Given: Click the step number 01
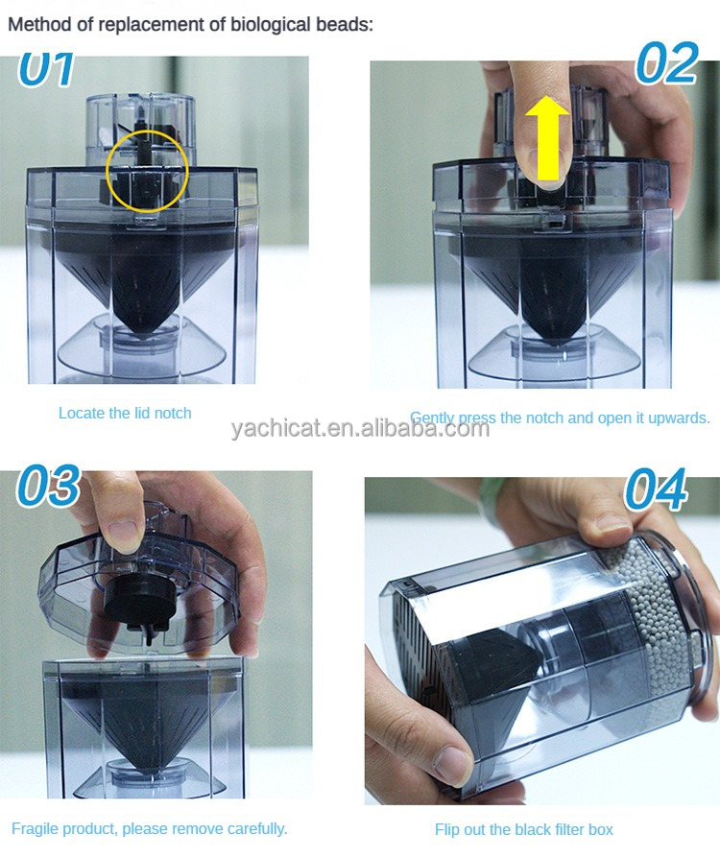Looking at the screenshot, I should click(48, 70).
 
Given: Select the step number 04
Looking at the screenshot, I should click(657, 489).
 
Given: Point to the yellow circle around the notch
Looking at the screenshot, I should click(146, 168).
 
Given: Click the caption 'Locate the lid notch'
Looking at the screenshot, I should click(125, 414).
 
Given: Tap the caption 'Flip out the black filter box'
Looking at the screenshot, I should click(523, 829).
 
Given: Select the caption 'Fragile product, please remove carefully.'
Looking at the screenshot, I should click(150, 828).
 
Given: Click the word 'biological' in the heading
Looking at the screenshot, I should click(272, 25).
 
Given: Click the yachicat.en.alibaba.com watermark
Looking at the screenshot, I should click(360, 428).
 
